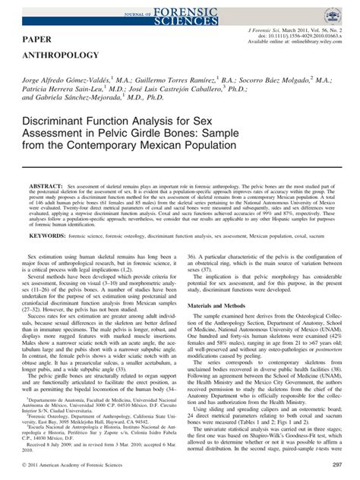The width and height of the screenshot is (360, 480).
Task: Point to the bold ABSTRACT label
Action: pos(56,185)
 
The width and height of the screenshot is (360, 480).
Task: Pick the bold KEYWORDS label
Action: pos(60,257)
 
